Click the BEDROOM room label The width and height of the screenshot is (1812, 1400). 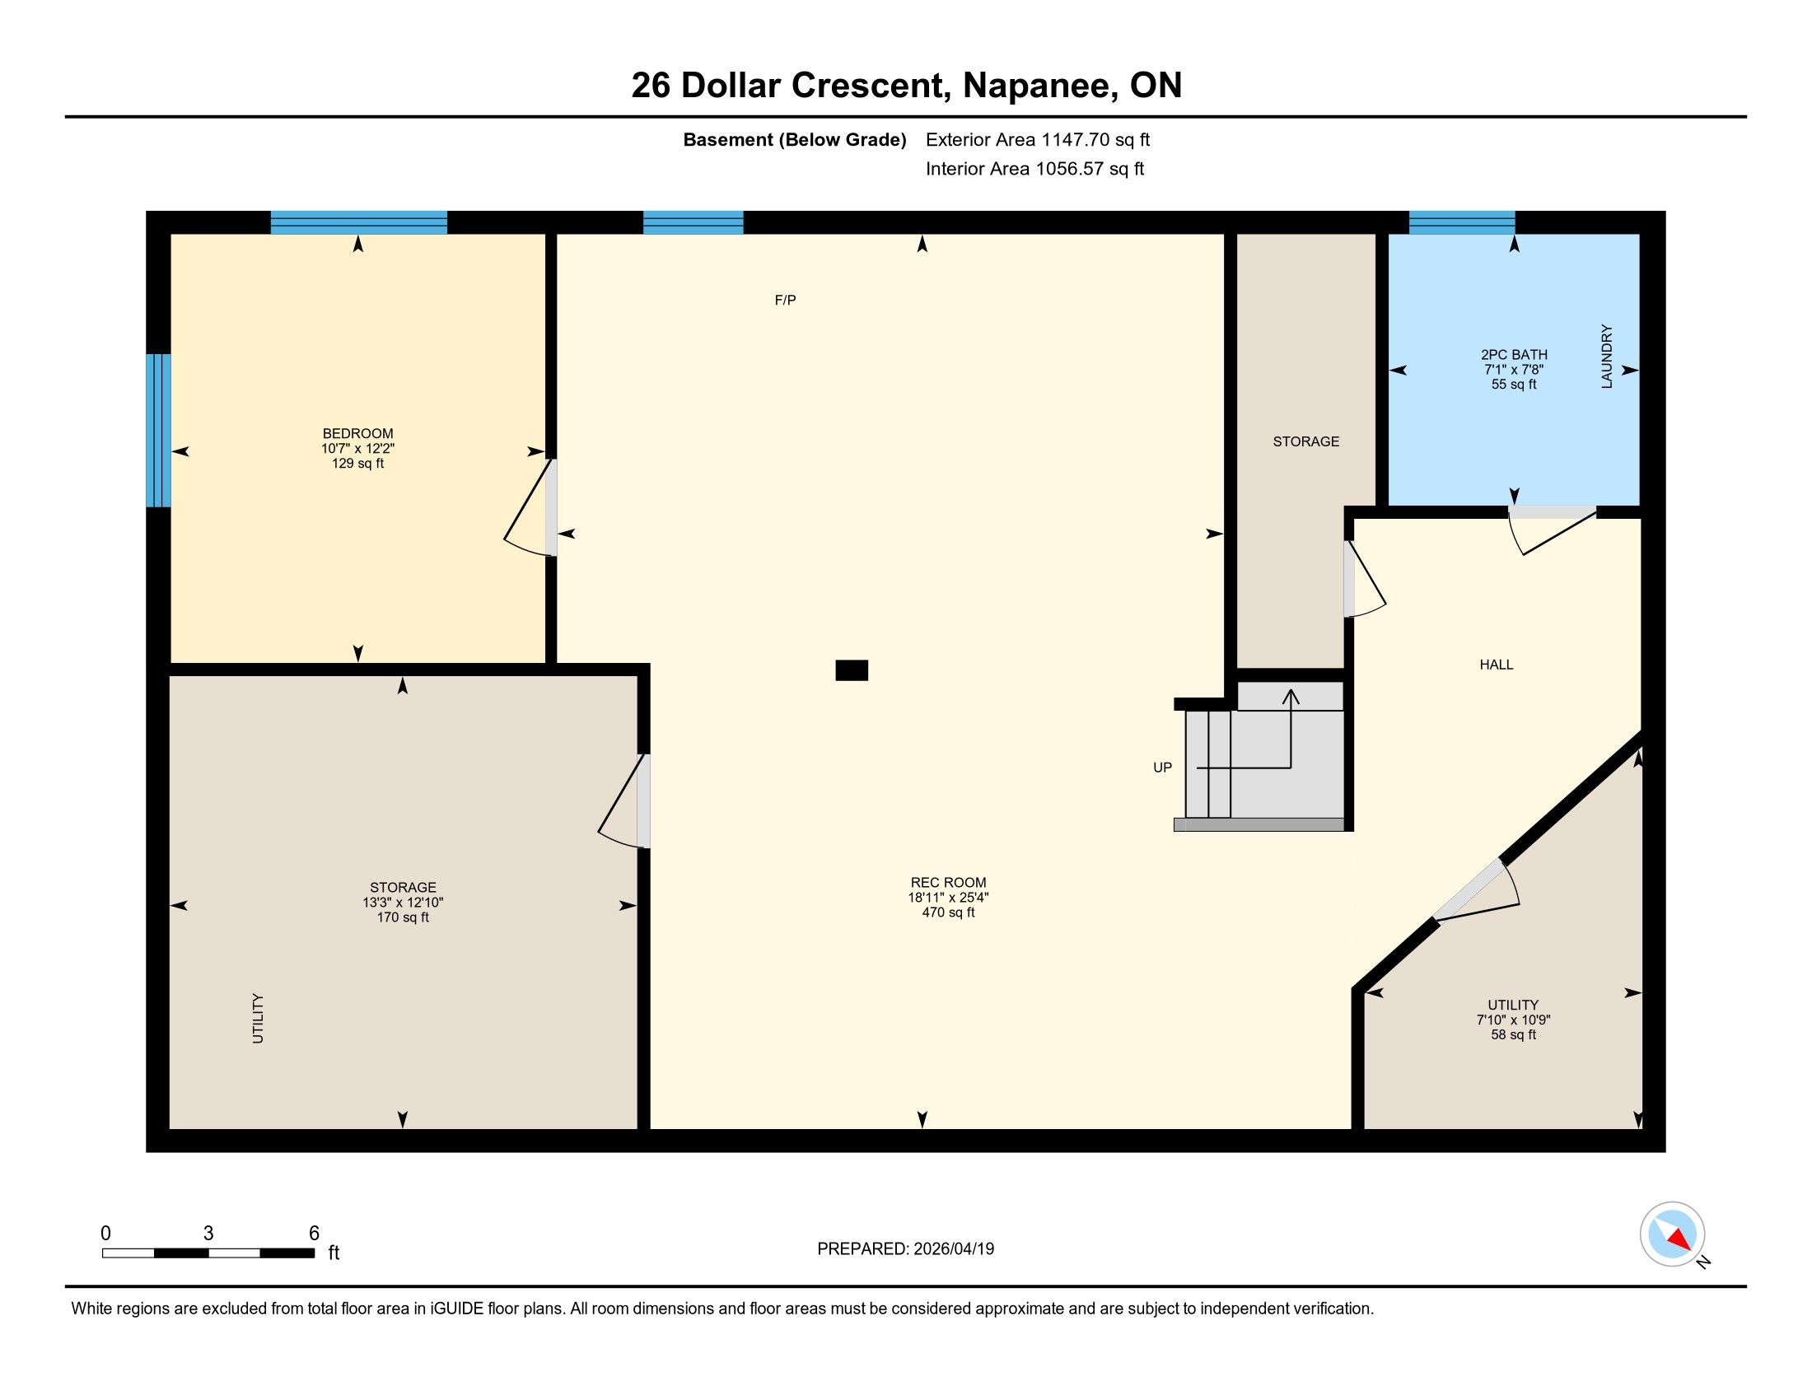pos(357,433)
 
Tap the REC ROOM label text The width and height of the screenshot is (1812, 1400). pos(948,883)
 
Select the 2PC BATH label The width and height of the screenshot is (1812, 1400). pos(1514,355)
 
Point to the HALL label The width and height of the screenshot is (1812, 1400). pos(1497,665)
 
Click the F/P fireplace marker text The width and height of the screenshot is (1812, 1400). pos(786,301)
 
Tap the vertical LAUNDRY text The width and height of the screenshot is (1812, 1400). pos(1606,356)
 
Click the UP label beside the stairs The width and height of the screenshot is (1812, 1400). pos(1162,768)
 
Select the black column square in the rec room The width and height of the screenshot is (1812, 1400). pos(852,670)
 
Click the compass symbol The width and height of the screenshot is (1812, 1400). pos(1673,1234)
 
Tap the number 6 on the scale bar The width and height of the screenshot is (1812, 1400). pos(314,1234)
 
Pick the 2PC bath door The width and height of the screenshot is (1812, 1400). pos(1553,530)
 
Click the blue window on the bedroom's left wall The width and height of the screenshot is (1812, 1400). pos(158,431)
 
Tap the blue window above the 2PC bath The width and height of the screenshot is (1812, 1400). pos(1462,223)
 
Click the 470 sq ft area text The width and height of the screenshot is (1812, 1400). pos(948,912)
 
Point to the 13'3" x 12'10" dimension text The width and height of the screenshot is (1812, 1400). pos(404,903)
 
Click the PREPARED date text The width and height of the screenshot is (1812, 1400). pos(905,1249)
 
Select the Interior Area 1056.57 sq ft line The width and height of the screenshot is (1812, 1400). pos(1034,169)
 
